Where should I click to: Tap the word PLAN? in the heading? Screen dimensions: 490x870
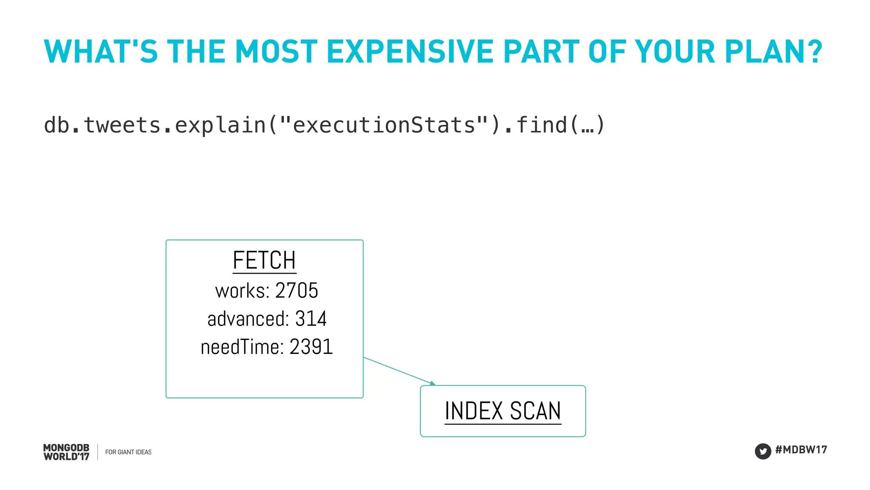point(774,52)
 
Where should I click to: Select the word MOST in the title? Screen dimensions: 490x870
point(276,52)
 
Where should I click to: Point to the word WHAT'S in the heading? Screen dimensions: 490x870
point(101,52)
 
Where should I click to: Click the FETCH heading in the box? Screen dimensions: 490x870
point(264,260)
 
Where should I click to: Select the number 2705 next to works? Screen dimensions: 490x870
point(297,291)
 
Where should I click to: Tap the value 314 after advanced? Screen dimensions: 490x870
point(311,319)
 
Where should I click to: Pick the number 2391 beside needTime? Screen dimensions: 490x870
point(311,347)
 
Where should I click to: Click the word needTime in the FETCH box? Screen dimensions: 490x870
point(242,347)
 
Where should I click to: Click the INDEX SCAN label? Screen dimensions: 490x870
point(503,411)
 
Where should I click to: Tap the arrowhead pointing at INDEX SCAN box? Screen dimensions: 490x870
point(433,384)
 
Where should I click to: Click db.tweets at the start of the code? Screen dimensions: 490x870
point(102,125)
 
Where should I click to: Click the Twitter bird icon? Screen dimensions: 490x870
point(763,451)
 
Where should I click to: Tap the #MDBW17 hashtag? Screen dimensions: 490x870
point(801,450)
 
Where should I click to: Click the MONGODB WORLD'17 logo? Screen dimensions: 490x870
point(66,452)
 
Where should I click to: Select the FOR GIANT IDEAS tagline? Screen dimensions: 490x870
point(128,452)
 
